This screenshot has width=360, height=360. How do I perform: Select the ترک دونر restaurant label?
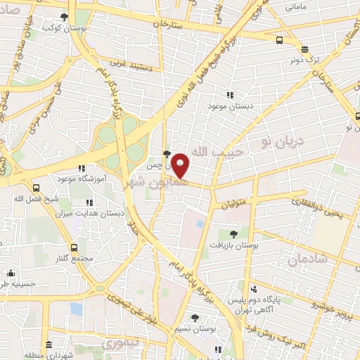307,60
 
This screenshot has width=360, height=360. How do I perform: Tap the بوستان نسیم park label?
195,328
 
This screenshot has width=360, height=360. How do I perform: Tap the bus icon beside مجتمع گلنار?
75,247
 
